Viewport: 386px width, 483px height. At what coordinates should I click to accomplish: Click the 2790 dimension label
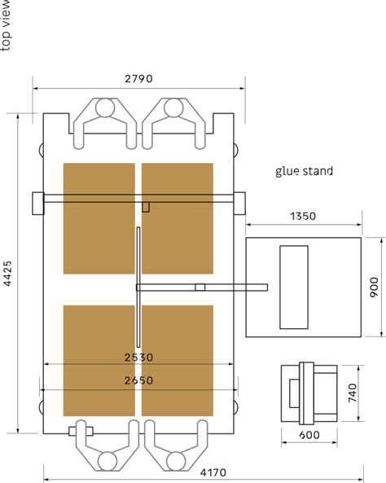point(138,79)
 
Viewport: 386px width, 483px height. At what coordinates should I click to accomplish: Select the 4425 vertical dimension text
point(7,274)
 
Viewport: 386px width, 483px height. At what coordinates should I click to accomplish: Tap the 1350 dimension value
point(303,216)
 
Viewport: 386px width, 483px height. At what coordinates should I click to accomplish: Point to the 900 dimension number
point(374,288)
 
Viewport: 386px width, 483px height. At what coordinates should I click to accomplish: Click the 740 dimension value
point(353,393)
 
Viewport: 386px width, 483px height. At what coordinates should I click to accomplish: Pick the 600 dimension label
point(309,435)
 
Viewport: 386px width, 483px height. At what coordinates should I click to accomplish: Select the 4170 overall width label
point(213,472)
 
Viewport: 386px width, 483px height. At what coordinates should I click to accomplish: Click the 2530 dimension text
point(138,358)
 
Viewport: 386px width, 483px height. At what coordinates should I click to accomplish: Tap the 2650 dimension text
point(138,380)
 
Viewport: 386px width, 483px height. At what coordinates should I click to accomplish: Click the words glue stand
point(305,171)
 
